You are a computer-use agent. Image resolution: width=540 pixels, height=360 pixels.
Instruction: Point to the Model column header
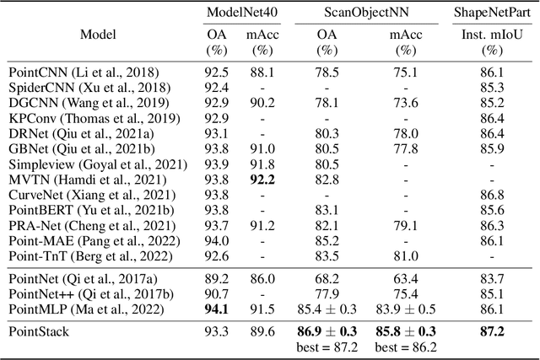click(x=99, y=35)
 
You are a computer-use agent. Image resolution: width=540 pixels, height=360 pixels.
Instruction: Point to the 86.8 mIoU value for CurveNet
click(x=491, y=196)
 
